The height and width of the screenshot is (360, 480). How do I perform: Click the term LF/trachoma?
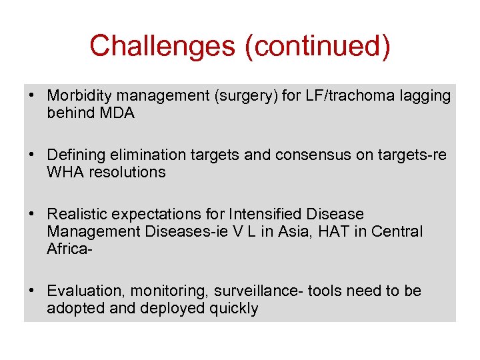click(342, 96)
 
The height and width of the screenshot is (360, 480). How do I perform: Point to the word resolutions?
click(127, 172)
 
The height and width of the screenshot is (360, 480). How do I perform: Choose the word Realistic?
click(77, 214)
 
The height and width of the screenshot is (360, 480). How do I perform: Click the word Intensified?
click(265, 214)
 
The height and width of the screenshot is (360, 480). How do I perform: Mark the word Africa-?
click(69, 249)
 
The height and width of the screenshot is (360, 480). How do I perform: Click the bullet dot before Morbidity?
click(32, 96)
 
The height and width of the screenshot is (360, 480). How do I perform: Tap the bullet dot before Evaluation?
click(32, 291)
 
